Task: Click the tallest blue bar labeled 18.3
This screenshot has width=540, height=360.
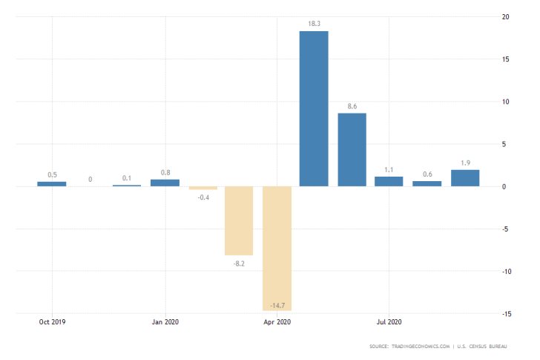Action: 314,108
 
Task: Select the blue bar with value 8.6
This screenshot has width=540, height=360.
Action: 352,149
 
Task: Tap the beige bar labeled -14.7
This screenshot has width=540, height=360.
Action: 276,248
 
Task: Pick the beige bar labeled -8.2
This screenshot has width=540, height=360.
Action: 239,220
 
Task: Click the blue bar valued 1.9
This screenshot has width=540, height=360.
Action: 465,178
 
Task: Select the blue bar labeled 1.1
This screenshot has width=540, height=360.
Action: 389,181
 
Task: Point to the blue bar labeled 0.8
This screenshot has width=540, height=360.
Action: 165,183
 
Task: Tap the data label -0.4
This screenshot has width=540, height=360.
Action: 202,197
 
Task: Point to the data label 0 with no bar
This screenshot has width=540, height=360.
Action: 90,179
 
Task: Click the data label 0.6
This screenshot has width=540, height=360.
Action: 427,174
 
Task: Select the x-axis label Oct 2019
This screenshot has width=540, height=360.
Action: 53,322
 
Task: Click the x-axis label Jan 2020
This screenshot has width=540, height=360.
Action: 165,322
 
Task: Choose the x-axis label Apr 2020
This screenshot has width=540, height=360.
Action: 277,322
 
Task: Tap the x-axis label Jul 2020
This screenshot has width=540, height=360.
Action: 389,322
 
